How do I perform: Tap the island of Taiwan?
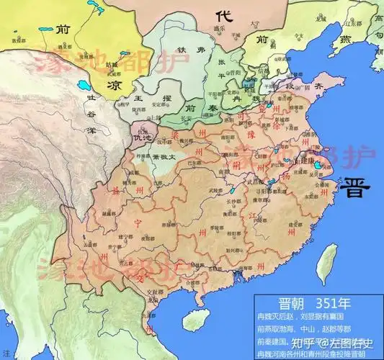[329, 259]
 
